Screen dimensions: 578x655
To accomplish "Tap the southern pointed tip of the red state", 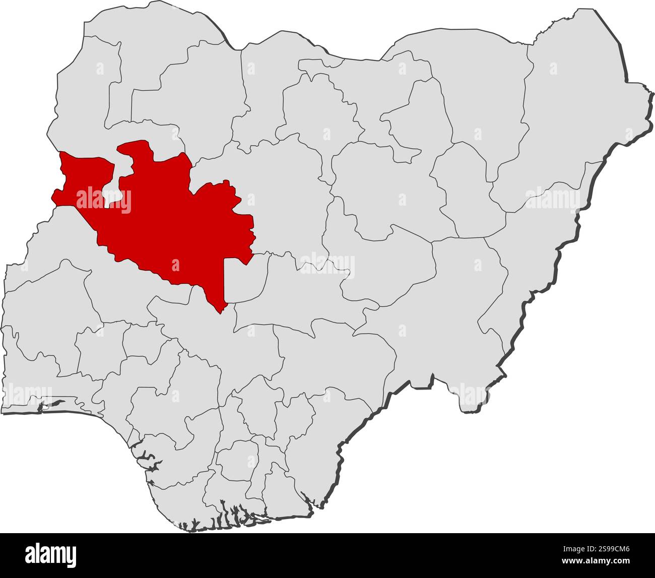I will click(220, 309).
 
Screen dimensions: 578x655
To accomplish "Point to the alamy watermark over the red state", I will click(103, 200).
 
